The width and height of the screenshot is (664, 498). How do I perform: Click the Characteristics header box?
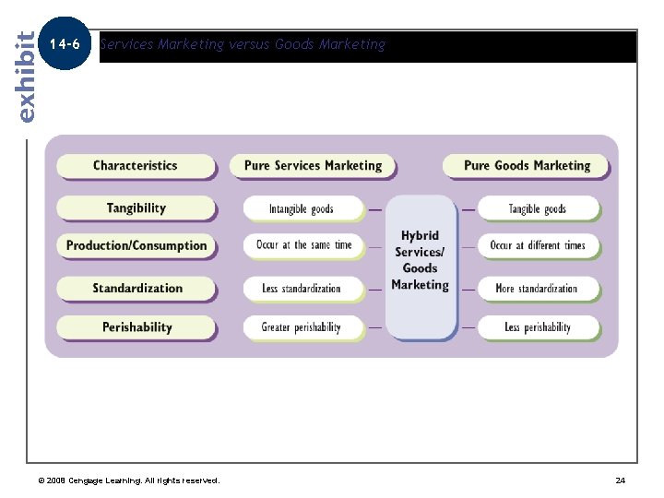(x=135, y=166)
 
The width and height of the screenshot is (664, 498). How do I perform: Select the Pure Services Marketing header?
(x=313, y=166)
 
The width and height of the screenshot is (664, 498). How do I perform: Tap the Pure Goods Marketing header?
(x=527, y=166)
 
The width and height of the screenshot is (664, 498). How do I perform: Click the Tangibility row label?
(x=136, y=208)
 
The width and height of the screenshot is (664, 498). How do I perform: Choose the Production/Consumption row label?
(x=136, y=246)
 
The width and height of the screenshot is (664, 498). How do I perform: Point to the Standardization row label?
(x=136, y=289)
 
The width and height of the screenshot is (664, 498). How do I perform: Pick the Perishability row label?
(x=136, y=327)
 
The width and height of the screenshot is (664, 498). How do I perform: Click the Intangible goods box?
(x=302, y=209)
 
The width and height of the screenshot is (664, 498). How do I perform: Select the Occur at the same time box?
(x=303, y=246)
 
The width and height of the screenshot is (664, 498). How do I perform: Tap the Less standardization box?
(x=302, y=289)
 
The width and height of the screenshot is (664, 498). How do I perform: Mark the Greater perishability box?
(x=302, y=327)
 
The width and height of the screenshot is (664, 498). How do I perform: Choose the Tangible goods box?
(x=537, y=209)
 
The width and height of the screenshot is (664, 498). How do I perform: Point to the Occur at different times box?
(x=537, y=246)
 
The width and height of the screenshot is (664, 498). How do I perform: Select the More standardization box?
(x=537, y=289)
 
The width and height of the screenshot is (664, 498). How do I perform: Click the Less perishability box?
(x=537, y=327)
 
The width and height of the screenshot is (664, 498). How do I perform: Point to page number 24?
(x=620, y=480)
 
